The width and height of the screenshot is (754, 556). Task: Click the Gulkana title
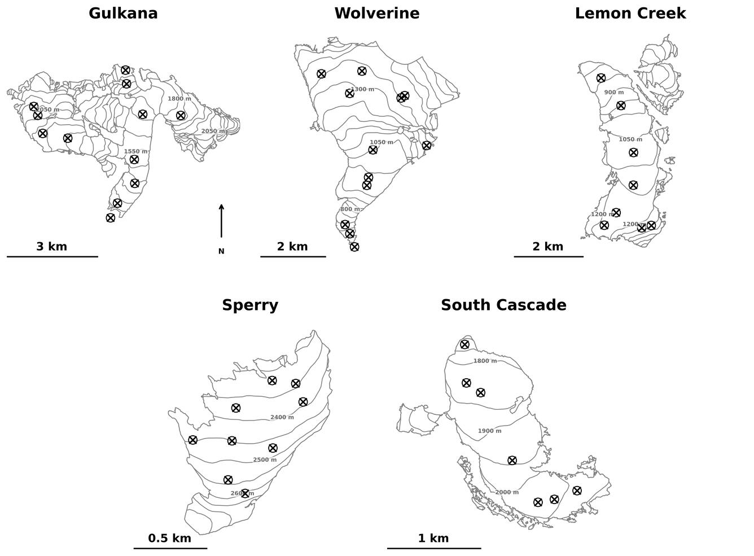(x=123, y=14)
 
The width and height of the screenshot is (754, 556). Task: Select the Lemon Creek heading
(x=630, y=14)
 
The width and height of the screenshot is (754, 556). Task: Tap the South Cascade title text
(x=503, y=305)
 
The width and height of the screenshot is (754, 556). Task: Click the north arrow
(x=221, y=221)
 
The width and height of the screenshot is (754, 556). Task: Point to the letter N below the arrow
(x=221, y=252)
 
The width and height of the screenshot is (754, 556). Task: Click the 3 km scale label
(x=51, y=247)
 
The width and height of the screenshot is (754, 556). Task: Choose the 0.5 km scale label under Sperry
(x=169, y=539)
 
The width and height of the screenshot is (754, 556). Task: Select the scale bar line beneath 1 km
(x=433, y=548)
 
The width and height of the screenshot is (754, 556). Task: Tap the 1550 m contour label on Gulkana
(x=135, y=152)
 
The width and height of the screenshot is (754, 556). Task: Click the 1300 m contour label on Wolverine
(x=362, y=90)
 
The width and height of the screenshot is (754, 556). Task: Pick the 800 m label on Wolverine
(x=349, y=209)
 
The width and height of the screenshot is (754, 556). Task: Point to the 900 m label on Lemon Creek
(x=613, y=93)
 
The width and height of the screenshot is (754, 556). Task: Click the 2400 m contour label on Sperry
(x=282, y=418)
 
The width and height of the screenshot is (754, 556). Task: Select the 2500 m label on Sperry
(x=264, y=460)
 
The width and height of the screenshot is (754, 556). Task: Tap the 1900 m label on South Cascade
(x=489, y=431)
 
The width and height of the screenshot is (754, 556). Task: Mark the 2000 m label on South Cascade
(x=507, y=493)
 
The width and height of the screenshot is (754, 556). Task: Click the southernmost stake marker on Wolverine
(x=354, y=247)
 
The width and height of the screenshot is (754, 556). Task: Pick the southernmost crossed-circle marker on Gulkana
(x=111, y=218)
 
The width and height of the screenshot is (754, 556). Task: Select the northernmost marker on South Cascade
(x=464, y=344)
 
